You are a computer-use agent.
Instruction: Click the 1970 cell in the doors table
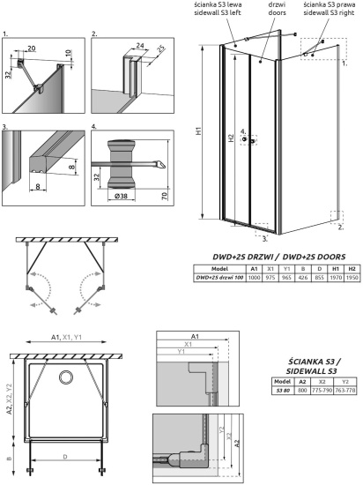coord(335,276)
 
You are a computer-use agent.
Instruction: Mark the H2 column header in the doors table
coord(351,267)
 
